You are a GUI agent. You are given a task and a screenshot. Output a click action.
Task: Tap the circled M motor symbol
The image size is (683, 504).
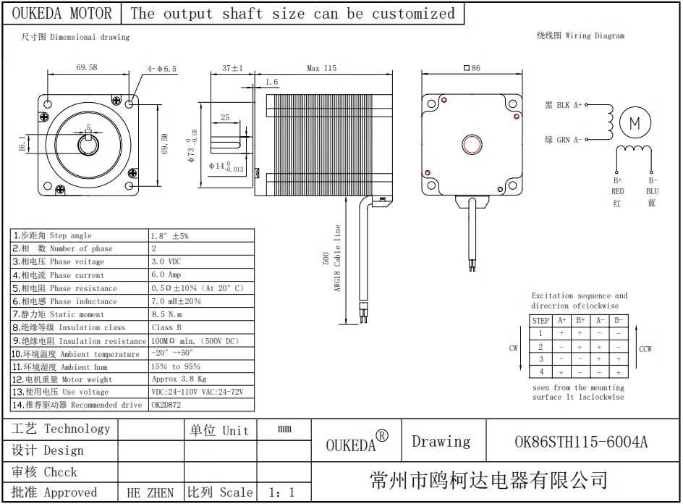(x=635, y=124)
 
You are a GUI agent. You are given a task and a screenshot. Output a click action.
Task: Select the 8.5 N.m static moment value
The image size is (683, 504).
(x=166, y=314)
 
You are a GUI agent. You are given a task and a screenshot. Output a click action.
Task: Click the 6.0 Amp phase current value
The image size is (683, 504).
(x=166, y=275)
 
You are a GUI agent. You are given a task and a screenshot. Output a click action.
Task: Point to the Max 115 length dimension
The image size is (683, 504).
(x=321, y=69)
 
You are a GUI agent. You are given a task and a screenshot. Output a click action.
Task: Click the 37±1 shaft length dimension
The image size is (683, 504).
(x=232, y=68)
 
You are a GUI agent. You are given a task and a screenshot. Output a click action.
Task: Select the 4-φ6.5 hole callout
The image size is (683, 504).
(x=162, y=69)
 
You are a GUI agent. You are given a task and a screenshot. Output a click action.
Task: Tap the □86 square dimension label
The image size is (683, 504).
(x=472, y=68)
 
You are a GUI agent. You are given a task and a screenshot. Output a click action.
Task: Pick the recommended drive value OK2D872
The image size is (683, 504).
(x=166, y=405)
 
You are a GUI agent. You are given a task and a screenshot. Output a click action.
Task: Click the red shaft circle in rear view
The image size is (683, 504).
(x=472, y=143)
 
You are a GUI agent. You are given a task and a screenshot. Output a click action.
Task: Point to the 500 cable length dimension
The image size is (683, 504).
(x=326, y=259)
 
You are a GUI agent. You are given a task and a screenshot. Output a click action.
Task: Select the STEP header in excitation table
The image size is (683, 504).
(x=541, y=320)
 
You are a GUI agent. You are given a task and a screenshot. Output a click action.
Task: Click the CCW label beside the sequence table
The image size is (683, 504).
(x=645, y=349)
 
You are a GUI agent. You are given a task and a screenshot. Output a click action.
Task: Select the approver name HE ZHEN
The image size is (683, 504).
(x=150, y=493)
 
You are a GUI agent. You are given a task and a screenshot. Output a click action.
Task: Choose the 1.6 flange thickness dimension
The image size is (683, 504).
(x=271, y=83)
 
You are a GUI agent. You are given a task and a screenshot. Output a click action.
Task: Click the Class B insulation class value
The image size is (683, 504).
(x=167, y=327)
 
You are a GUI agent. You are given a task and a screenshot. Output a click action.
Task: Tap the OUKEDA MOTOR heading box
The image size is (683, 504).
(x=63, y=14)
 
